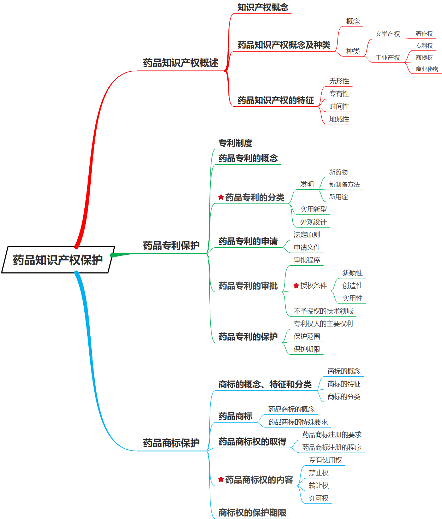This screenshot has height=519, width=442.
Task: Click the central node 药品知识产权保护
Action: (58, 260)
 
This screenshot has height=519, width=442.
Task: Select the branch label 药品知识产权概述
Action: (180, 63)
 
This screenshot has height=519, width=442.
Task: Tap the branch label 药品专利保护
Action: (171, 246)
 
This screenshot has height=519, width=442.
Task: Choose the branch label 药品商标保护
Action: (171, 443)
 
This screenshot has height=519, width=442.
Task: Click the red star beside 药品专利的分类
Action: (221, 197)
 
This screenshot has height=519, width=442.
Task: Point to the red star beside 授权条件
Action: (296, 285)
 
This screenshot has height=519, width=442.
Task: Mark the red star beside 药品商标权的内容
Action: (221, 479)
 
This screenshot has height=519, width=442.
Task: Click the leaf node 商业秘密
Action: (427, 69)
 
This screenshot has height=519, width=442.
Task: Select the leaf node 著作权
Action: (424, 34)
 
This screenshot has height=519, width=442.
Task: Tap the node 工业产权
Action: (388, 58)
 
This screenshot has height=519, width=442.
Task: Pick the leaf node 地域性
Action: (339, 119)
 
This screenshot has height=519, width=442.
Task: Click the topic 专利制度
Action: (235, 143)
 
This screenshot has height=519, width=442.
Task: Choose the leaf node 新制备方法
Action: (344, 184)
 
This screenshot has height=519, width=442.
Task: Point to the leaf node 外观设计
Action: (313, 222)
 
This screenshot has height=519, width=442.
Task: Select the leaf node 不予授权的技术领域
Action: (323, 311)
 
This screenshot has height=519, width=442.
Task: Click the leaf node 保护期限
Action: (307, 349)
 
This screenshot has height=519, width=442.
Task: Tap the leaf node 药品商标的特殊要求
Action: (298, 422)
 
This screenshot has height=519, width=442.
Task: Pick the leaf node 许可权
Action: (318, 499)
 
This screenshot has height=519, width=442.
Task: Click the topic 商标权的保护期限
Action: (252, 513)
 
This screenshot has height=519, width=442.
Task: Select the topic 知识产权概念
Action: (263, 7)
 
